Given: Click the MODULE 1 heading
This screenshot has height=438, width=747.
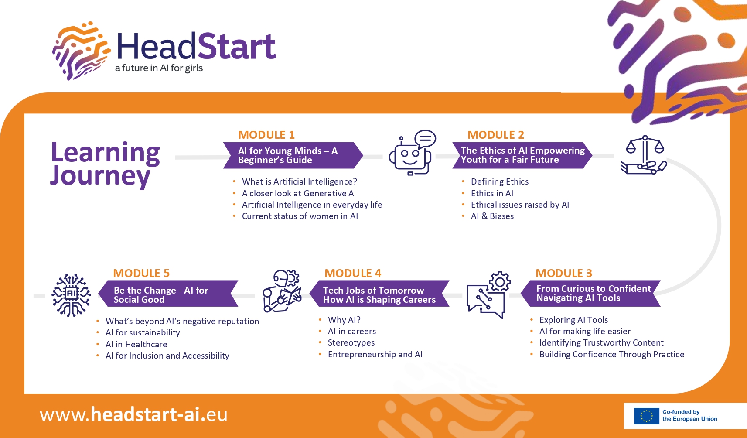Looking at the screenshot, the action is pyautogui.click(x=266, y=135).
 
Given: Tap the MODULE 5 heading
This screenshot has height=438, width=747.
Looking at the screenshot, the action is pyautogui.click(x=141, y=273).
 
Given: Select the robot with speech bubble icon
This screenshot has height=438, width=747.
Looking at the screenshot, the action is pyautogui.click(x=412, y=152).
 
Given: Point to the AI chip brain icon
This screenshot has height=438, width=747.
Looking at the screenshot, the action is pyautogui.click(x=71, y=295).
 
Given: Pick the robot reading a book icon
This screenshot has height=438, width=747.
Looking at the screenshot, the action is pyautogui.click(x=282, y=291).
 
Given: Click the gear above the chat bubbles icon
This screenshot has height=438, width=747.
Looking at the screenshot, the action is pyautogui.click(x=499, y=282).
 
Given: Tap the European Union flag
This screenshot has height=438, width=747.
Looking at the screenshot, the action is pyautogui.click(x=646, y=416).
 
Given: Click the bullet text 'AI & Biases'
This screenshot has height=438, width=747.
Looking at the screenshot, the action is pyautogui.click(x=492, y=216).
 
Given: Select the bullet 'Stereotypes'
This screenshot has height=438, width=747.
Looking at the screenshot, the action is pyautogui.click(x=351, y=342).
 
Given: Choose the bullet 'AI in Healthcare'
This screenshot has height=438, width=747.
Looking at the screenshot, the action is pyautogui.click(x=136, y=344).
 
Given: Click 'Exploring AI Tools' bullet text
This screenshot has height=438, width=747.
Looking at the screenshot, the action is pyautogui.click(x=573, y=320).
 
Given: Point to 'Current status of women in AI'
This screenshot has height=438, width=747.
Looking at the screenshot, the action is pyautogui.click(x=300, y=216).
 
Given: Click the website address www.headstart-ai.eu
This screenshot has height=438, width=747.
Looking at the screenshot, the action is pyautogui.click(x=133, y=414).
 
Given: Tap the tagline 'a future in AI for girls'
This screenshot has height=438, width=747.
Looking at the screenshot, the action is pyautogui.click(x=159, y=68).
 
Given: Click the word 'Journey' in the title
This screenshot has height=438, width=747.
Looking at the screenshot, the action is pyautogui.click(x=100, y=176).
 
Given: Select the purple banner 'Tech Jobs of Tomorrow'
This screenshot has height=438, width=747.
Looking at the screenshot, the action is pyautogui.click(x=379, y=294).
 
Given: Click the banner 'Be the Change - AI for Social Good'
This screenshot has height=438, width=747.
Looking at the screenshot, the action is pyautogui.click(x=168, y=294).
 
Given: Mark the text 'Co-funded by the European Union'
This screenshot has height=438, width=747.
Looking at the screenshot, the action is pyautogui.click(x=689, y=415).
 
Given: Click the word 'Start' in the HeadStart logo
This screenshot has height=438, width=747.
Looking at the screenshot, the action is pyautogui.click(x=237, y=46).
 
